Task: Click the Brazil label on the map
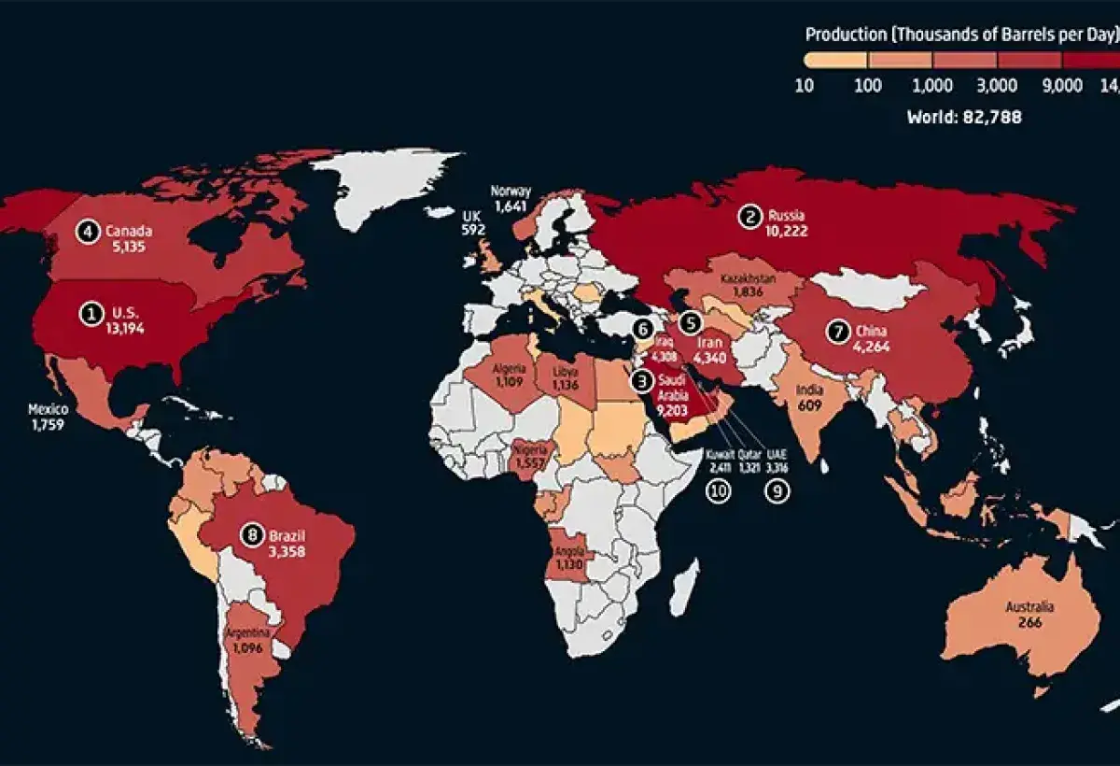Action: tap(287, 536)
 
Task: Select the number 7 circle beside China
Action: tap(838, 331)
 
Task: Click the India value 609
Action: tap(808, 407)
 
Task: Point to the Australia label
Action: tap(1029, 607)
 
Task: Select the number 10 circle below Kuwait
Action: tap(718, 492)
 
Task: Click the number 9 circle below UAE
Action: tap(777, 492)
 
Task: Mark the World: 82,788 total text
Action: tap(964, 118)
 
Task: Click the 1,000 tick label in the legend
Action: tap(931, 86)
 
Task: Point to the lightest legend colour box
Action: tap(836, 59)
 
